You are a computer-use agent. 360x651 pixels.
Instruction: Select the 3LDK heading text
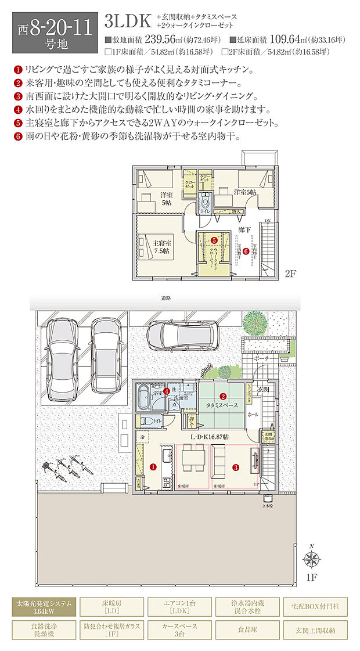tap(128, 21)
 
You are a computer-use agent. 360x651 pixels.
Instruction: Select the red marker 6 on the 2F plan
tap(246, 251)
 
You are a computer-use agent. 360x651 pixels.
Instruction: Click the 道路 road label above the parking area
tap(167, 298)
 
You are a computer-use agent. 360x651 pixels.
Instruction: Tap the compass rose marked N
tap(312, 559)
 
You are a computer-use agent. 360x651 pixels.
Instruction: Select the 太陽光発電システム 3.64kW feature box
tap(44, 607)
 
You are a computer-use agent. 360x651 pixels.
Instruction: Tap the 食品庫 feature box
tap(248, 630)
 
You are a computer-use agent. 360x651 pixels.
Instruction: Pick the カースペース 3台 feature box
tap(180, 630)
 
